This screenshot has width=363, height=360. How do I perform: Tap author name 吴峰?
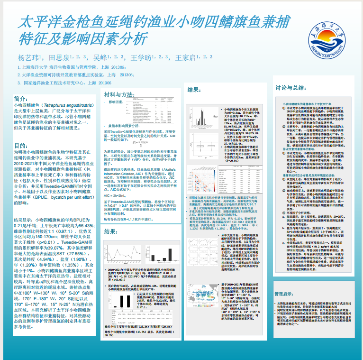(x=100, y=58)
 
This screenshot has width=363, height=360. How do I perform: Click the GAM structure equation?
(x=142, y=142)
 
